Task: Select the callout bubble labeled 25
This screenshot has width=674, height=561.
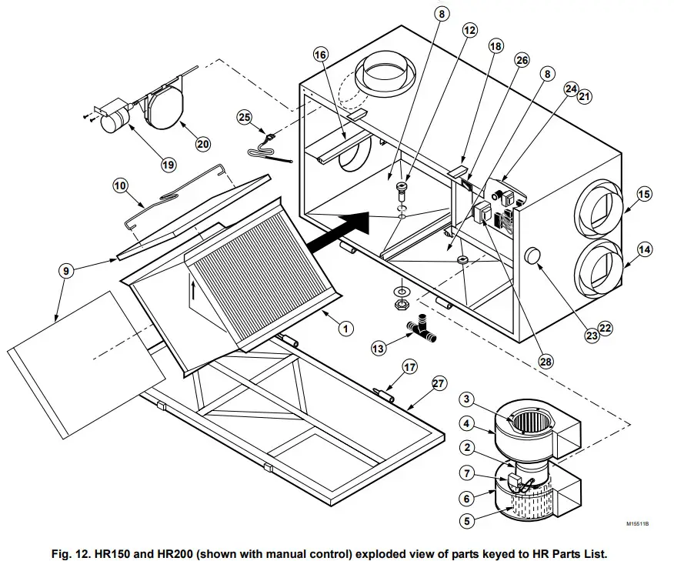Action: tap(244, 118)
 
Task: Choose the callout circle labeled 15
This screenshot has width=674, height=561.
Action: tap(643, 194)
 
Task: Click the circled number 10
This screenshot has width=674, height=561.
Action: tap(120, 185)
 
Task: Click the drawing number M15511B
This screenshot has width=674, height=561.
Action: tap(637, 523)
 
